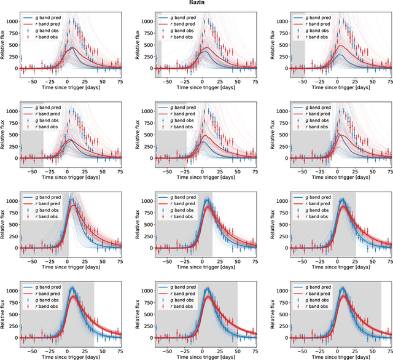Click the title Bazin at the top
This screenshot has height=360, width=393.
point(196,4)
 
